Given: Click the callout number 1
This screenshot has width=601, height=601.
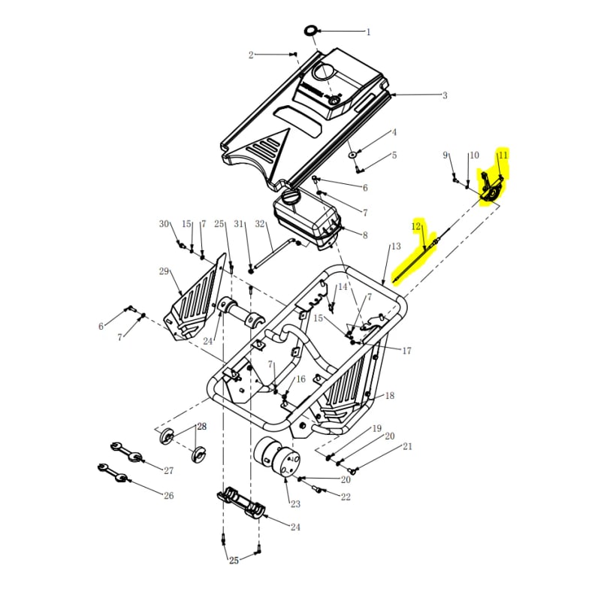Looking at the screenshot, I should (x=368, y=32).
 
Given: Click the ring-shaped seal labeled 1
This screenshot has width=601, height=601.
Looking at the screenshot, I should (x=311, y=31).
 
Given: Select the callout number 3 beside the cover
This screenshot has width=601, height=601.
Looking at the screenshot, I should (x=445, y=95).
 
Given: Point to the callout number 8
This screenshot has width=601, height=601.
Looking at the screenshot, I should (x=364, y=235).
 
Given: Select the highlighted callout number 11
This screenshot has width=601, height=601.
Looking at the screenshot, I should (x=503, y=155).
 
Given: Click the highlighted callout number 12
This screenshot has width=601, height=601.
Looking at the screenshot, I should (x=416, y=226).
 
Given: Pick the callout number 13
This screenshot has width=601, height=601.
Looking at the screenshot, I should (x=396, y=246).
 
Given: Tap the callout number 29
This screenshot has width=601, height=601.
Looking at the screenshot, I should (x=164, y=271).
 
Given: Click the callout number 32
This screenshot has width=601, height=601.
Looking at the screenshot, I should (x=260, y=224).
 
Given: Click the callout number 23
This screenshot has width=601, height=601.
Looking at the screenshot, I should (x=295, y=504).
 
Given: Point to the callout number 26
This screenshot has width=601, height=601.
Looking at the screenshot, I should (x=168, y=495).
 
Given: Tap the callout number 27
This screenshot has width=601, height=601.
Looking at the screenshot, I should (x=168, y=471).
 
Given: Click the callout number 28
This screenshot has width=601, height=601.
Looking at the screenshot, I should (x=201, y=427).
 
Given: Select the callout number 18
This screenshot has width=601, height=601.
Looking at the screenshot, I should (x=389, y=395).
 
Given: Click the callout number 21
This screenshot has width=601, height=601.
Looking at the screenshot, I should (x=407, y=446).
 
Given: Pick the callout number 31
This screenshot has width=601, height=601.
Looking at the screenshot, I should (x=240, y=224).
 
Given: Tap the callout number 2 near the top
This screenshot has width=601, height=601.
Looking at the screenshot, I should (x=252, y=54).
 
